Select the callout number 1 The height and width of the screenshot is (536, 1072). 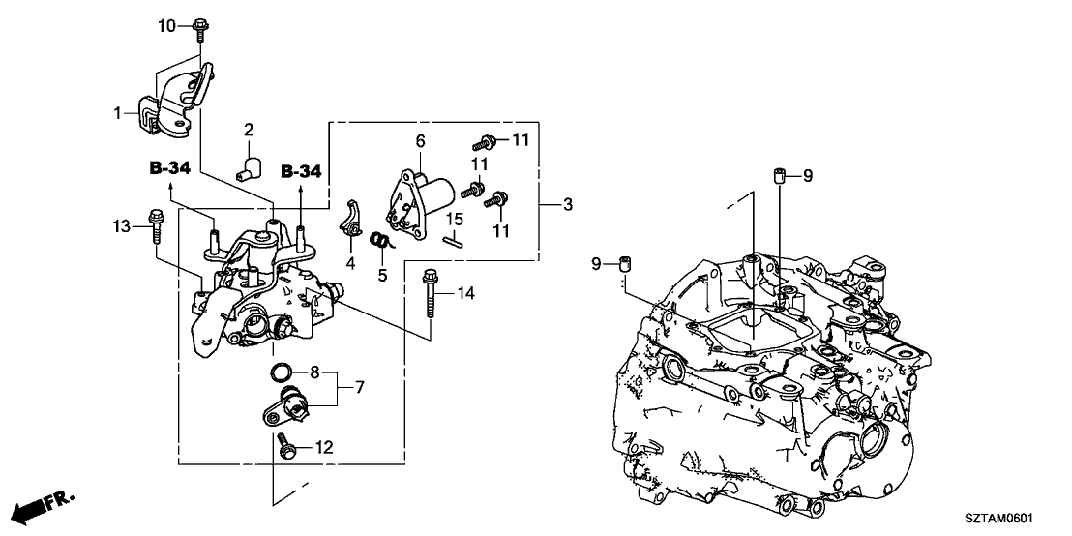point(119,113)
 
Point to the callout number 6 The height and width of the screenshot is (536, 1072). point(420,141)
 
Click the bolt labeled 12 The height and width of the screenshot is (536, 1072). point(286,445)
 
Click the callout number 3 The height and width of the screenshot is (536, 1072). point(568,204)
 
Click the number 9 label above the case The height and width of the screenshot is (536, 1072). point(808,175)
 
